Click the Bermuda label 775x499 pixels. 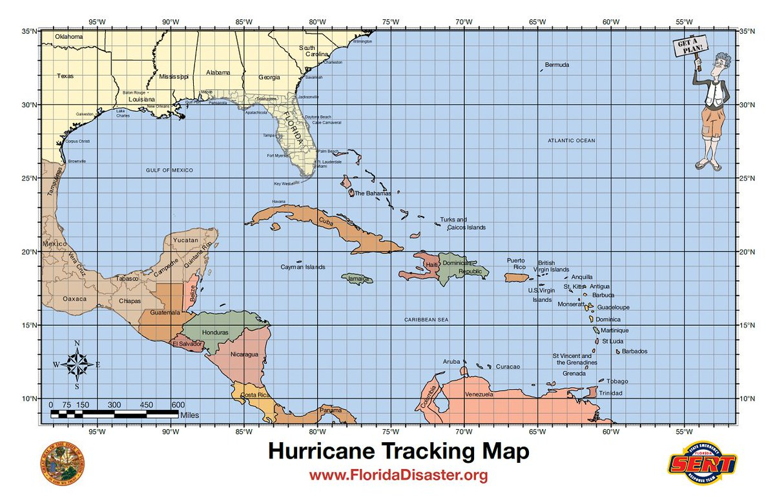557,65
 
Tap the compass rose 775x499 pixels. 77,364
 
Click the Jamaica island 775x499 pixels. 357,279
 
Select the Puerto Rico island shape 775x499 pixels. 517,277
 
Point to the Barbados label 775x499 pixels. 634,352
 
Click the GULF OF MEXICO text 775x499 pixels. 169,170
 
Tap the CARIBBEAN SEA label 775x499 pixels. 426,320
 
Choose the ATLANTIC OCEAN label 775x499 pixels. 572,140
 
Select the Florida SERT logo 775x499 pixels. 703,463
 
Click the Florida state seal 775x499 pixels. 63,463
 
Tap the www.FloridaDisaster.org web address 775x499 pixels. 398,476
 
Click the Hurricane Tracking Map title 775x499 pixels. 398,451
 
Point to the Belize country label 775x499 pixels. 193,296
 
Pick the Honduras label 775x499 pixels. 215,332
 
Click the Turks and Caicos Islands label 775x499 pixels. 462,224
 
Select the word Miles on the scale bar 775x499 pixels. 190,415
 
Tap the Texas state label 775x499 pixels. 65,76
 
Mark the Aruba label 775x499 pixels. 451,361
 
